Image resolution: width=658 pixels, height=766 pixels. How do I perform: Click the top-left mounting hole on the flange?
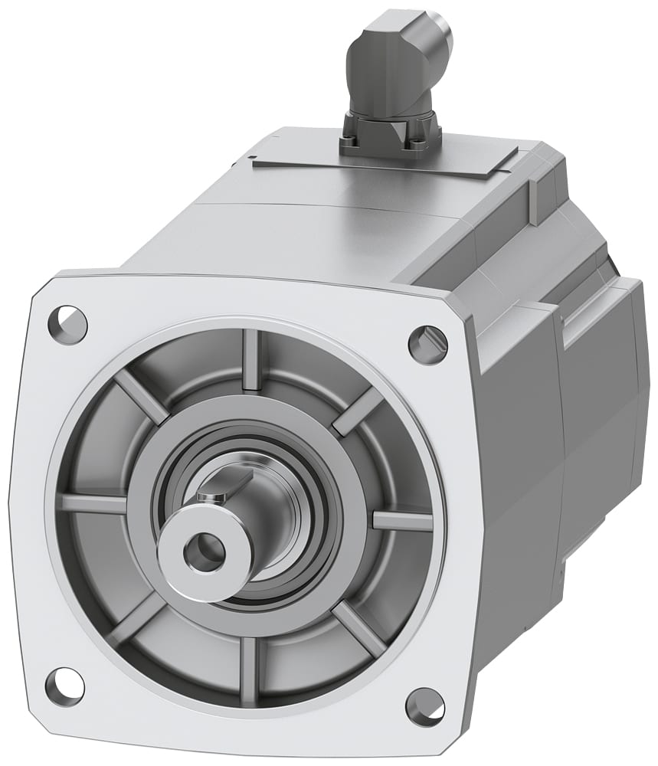point(67,324)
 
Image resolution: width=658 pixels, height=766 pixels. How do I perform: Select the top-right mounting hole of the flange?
point(427,344)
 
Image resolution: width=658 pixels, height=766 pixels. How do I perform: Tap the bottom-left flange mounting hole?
point(64,685)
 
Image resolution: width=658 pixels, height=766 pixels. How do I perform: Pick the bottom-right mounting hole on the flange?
point(424,706)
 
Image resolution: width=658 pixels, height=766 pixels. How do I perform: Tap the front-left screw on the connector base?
point(351,139)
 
